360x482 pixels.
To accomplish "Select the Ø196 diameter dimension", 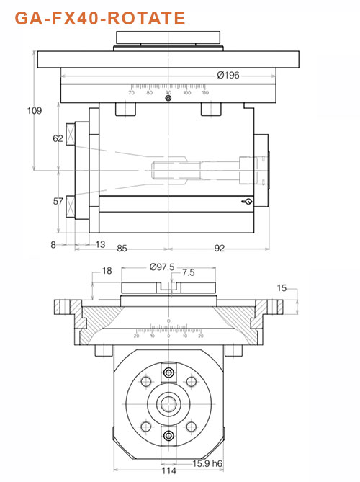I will pos(228,76).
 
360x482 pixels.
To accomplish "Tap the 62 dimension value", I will pos(58,139).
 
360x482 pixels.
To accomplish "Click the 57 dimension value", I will pos(58,201).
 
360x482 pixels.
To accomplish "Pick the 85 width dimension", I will pos(122,249).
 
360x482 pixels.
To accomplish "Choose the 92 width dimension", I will pos(219,249).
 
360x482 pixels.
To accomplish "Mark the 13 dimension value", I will pos(100,245).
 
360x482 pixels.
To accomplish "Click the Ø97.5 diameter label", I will pos(162,267).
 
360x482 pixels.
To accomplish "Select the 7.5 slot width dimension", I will pos(189,273).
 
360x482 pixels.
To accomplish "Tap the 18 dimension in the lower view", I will pos(107,271).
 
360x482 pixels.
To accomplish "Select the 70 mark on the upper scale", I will pos(131,92).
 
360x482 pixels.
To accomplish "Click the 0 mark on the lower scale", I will pos(168,336).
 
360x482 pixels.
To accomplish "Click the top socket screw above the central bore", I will pos(168,372).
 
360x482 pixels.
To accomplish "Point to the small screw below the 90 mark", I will pos(168,99).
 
